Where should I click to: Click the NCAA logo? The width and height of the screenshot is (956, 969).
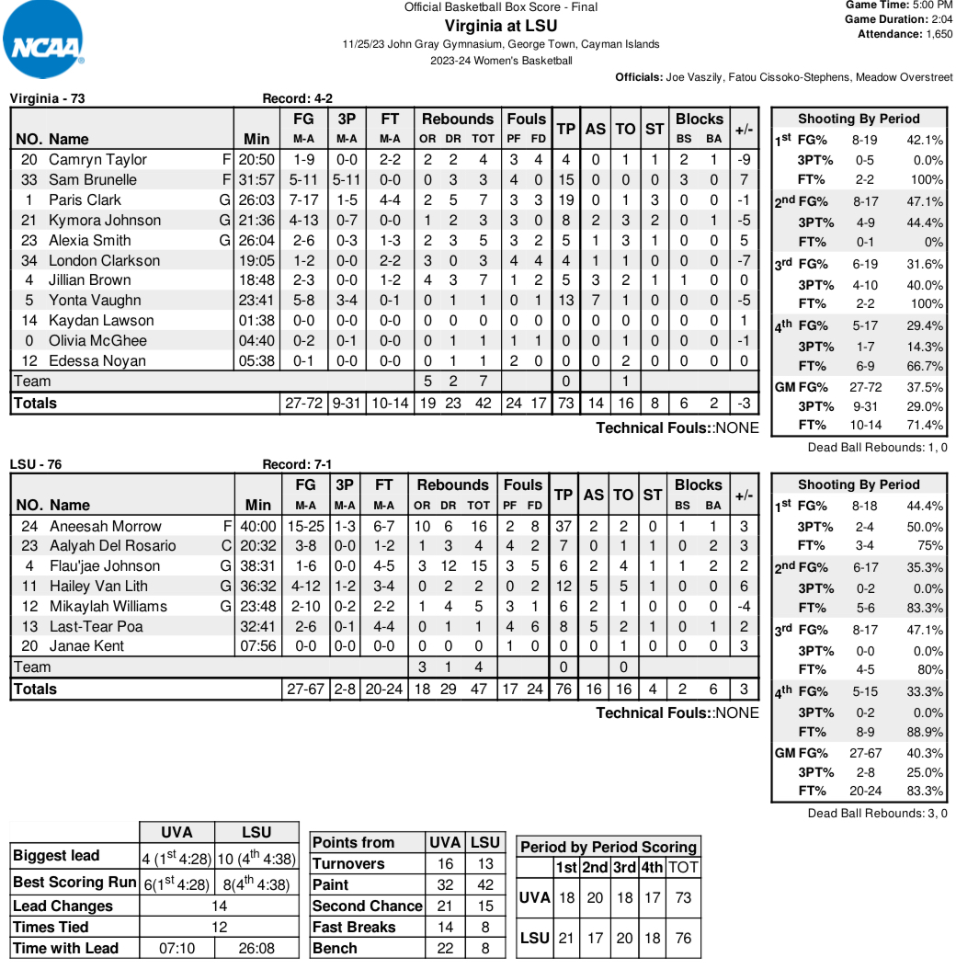coord(44,43)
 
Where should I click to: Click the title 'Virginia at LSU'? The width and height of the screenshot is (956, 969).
coord(501,25)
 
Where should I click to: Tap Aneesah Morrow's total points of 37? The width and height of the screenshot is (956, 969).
coord(565,526)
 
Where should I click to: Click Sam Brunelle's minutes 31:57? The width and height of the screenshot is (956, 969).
coord(256,179)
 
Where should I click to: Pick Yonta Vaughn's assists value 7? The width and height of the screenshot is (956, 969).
coord(596,300)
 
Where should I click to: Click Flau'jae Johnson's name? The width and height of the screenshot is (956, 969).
coord(105,566)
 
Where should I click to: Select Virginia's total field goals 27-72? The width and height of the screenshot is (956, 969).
coord(304,403)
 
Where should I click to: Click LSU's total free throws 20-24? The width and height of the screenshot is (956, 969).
coord(384,689)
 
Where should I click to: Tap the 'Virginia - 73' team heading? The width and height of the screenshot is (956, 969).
coord(47,98)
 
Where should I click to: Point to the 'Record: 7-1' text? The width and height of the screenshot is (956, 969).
coord(297,464)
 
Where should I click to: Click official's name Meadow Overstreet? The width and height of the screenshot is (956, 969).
coord(905,77)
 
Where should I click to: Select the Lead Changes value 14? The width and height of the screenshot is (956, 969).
coord(219,906)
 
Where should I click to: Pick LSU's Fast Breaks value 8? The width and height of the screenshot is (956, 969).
coord(484,927)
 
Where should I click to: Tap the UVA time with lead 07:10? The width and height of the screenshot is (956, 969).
coord(176,948)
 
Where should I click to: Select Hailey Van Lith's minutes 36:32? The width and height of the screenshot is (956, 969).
coord(257,587)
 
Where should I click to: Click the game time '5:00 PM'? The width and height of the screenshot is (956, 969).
coord(929,5)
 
